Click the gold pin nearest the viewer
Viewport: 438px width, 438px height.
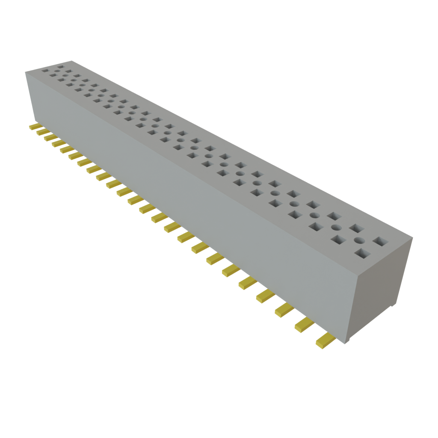tap(326, 340)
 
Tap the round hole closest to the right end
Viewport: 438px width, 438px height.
tap(358, 240)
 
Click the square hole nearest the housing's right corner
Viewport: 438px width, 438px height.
tap(379, 242)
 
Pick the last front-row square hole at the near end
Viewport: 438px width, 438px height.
tap(362, 255)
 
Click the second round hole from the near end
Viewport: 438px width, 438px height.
tap(336, 227)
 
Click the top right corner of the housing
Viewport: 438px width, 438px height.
tap(413, 238)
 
